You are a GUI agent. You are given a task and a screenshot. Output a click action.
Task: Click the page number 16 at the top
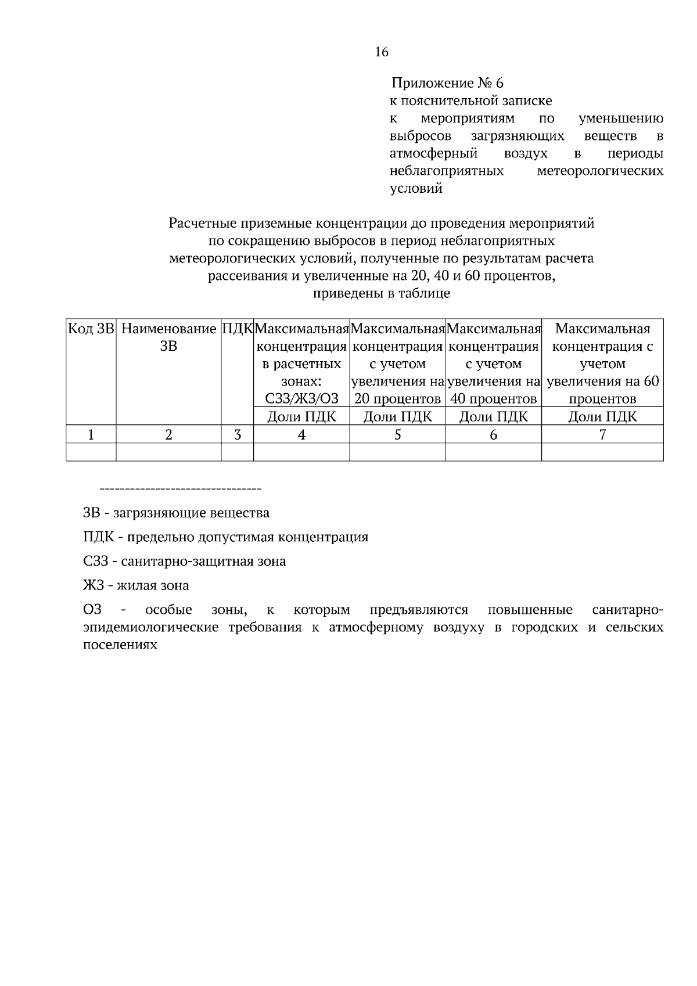click(x=382, y=52)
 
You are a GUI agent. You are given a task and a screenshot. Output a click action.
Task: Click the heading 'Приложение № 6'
click(x=447, y=83)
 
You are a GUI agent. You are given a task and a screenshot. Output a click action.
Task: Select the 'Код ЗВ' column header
click(x=91, y=329)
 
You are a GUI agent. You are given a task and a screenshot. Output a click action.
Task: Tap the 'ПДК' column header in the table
click(x=237, y=329)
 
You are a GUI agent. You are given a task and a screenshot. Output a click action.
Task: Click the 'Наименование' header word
click(x=168, y=329)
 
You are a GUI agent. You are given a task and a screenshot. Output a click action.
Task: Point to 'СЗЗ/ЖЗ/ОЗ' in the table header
click(x=301, y=399)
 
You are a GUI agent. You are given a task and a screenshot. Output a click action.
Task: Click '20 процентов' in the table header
click(x=397, y=399)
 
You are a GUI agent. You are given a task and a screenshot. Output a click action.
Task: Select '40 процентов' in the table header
click(x=494, y=399)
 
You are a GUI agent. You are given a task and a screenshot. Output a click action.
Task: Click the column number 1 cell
click(x=91, y=434)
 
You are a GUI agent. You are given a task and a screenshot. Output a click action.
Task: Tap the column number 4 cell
click(x=301, y=434)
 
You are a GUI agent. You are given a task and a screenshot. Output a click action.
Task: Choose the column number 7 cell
click(x=602, y=434)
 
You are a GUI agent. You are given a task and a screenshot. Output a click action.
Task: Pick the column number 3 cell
click(x=237, y=434)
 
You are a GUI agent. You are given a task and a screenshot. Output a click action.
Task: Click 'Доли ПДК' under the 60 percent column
click(x=602, y=416)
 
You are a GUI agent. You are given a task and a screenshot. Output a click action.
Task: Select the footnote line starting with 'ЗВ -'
click(x=176, y=513)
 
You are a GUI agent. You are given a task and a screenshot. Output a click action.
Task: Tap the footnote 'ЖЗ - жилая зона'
click(x=136, y=585)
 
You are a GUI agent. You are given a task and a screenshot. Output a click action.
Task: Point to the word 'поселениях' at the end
click(x=120, y=645)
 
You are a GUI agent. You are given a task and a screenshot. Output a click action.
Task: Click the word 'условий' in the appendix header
click(x=415, y=188)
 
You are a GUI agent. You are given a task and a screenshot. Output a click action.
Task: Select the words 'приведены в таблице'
click(x=382, y=293)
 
